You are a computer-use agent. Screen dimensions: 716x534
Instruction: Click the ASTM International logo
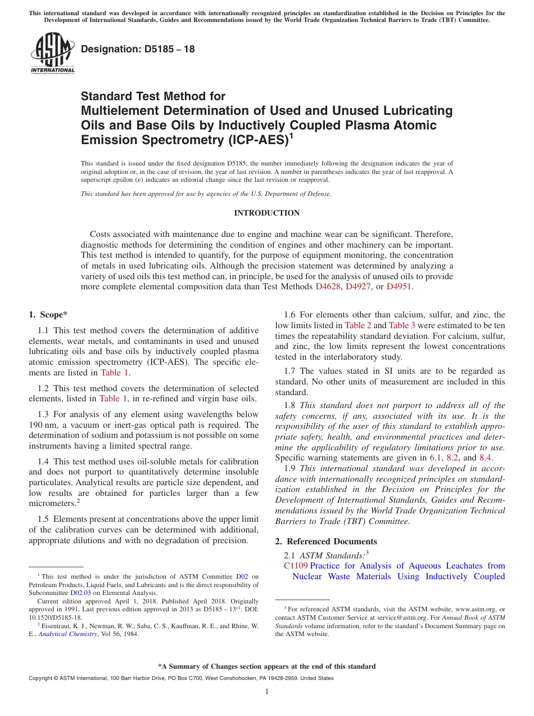click(52, 53)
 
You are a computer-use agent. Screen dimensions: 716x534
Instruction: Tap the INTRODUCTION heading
click(266, 213)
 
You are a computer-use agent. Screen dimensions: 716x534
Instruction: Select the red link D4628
click(328, 287)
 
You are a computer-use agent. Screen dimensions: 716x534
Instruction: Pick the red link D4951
click(400, 287)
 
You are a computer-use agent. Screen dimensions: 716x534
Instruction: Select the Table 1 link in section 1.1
click(115, 373)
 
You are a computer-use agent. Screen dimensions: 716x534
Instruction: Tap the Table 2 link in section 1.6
click(357, 325)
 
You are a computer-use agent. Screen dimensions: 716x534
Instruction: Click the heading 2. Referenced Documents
click(326, 542)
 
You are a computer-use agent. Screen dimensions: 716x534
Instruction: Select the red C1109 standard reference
click(296, 566)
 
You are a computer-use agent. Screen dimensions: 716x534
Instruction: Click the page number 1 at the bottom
click(267, 692)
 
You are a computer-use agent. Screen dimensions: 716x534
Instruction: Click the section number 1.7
click(290, 371)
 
